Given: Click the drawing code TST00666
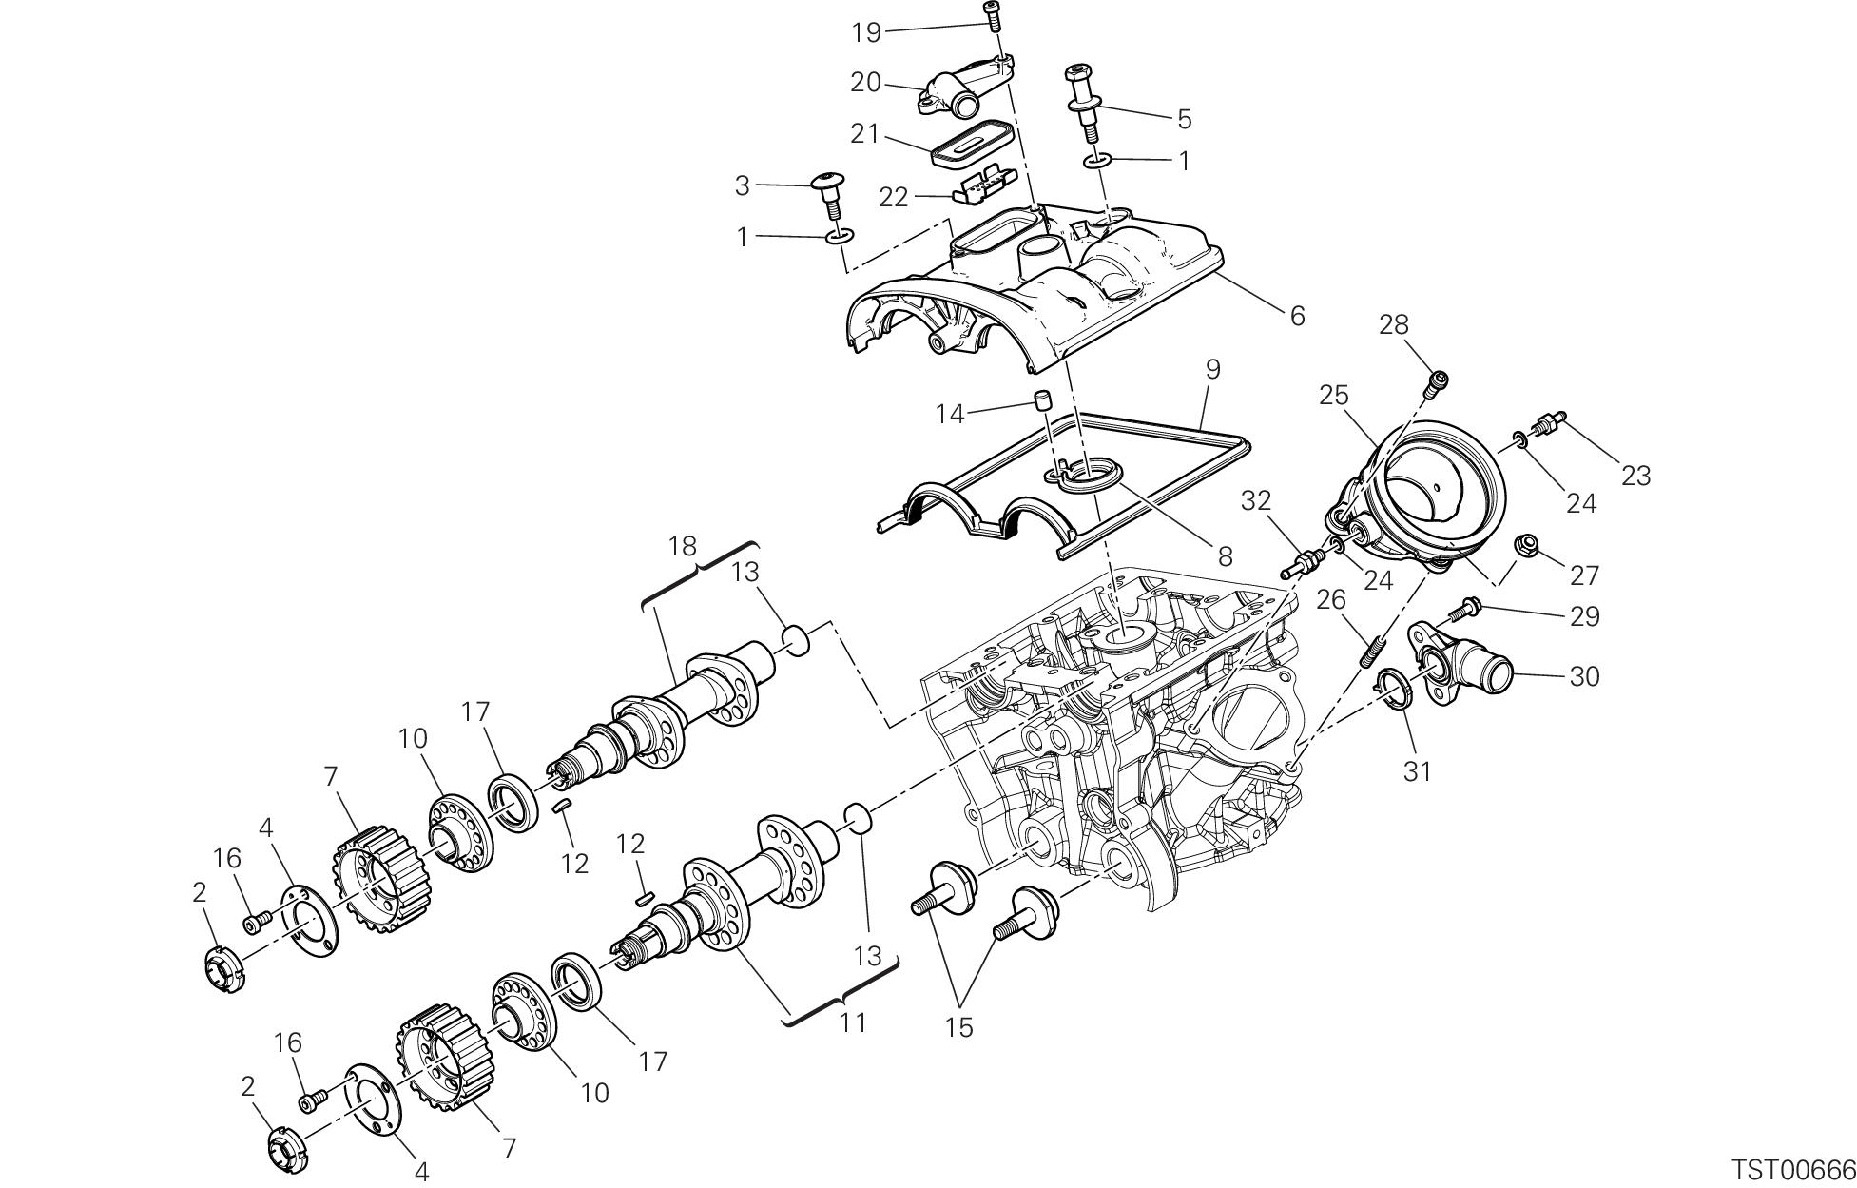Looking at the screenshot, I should [x=1792, y=1169].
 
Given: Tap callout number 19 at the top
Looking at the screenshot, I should [x=866, y=32].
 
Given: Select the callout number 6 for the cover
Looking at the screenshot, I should [x=1297, y=315].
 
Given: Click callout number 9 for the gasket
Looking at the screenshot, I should [x=1211, y=369].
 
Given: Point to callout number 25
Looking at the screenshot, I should [x=1334, y=395].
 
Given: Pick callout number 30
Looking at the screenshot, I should [x=1584, y=676].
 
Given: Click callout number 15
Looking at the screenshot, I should [x=959, y=1027].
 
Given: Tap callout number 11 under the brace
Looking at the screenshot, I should [x=853, y=1022].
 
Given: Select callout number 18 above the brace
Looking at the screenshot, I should [x=682, y=547].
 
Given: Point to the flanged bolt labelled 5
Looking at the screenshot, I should [x=1082, y=101].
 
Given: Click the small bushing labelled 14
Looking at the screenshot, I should [x=1042, y=399].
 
